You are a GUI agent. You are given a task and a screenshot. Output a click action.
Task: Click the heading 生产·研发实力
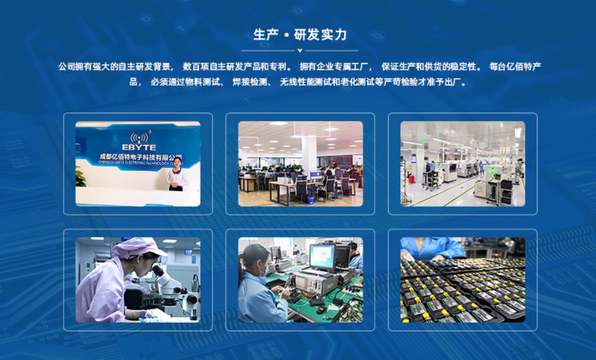(300, 34)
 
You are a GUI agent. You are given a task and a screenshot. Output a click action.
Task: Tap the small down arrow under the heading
(300, 51)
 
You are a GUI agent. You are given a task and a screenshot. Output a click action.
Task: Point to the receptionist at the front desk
(176, 174)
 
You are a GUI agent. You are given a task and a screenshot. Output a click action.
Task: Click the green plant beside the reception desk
(80, 177)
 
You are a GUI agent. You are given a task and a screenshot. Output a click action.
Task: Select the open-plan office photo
(300, 163)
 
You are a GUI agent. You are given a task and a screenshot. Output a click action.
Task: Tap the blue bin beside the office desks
(311, 199)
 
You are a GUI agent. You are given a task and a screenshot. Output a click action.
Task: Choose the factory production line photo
(462, 163)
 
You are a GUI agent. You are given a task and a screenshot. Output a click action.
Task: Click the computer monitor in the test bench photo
(322, 255)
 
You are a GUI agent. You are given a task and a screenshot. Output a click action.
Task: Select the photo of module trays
(462, 279)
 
